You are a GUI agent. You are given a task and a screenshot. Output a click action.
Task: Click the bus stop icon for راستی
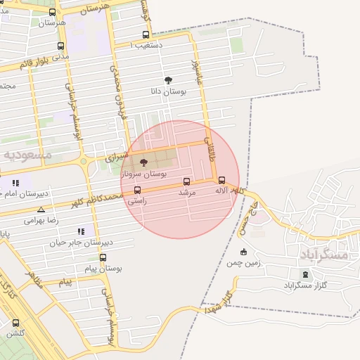[136, 190]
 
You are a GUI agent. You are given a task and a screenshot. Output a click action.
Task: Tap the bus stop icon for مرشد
[186, 181]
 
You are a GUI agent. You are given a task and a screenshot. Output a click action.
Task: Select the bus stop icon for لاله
[222, 180]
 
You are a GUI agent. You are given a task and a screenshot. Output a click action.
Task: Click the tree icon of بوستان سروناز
[144, 162]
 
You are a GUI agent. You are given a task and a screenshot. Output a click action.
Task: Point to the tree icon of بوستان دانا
[167, 81]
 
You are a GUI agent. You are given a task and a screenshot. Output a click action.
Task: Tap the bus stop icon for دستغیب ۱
[146, 34]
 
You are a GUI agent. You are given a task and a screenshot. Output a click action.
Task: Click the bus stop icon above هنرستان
[52, 12]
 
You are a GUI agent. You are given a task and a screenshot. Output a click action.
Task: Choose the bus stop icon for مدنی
[61, 44]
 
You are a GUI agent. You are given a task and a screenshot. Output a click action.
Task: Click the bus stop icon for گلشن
[15, 323]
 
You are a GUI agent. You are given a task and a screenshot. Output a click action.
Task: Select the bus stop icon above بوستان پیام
[103, 258]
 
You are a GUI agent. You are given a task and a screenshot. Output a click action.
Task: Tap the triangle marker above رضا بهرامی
[41, 210]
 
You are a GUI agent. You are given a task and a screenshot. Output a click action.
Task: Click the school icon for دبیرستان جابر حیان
[82, 231]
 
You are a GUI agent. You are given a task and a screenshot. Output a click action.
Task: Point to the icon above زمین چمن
[243, 252]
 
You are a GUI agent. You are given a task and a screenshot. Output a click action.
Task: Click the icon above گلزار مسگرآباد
[305, 274]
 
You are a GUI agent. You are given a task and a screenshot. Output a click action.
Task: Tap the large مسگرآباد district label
[324, 254]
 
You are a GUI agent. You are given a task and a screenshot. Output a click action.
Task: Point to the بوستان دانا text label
[167, 92]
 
